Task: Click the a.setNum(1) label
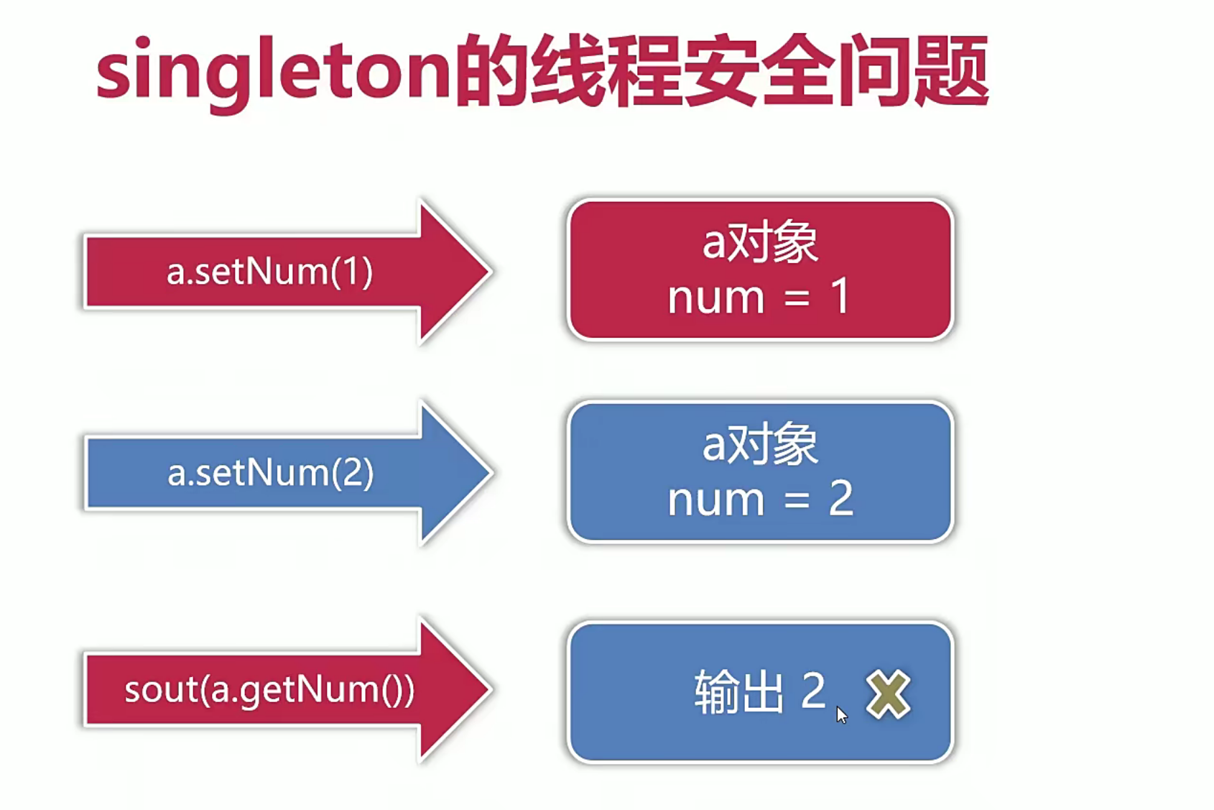pos(269,272)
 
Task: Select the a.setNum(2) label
pos(270,473)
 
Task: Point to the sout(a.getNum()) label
pos(269,689)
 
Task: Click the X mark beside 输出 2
pos(888,694)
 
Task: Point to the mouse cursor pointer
pos(841,714)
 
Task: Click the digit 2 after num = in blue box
pos(840,498)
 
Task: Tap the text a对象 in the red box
pos(760,242)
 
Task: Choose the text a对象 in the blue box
pos(760,444)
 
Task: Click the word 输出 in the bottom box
pos(738,691)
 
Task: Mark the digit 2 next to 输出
pos(812,691)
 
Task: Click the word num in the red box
pos(715,298)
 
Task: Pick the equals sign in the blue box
pos(797,500)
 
